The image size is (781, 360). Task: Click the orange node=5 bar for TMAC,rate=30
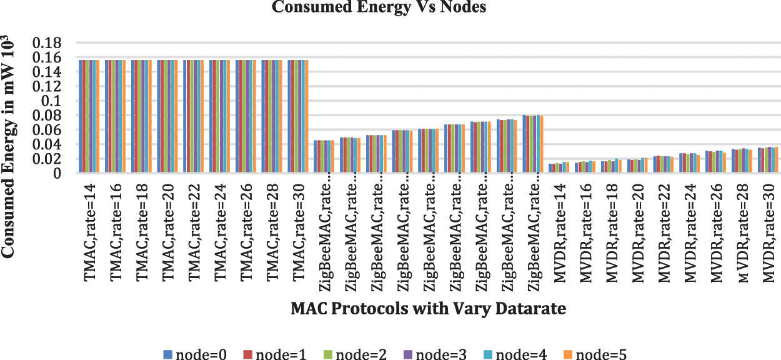click(x=307, y=116)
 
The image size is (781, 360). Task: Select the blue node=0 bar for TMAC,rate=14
click(x=81, y=116)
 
